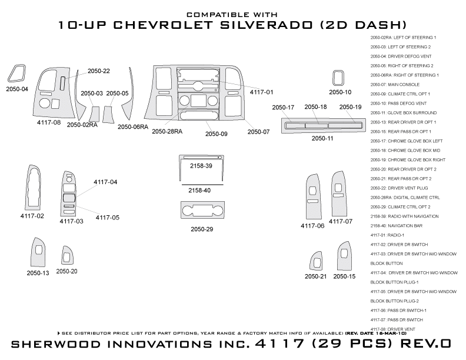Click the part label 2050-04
click(x=16, y=89)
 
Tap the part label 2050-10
click(x=340, y=92)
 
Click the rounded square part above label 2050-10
click(x=339, y=78)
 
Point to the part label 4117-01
click(x=261, y=92)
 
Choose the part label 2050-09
click(x=216, y=134)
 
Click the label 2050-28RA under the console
click(x=167, y=131)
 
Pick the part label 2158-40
click(x=199, y=191)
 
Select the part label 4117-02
click(x=32, y=216)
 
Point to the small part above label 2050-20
click(x=66, y=256)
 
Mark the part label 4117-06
click(x=312, y=226)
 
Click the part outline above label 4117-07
click(x=340, y=194)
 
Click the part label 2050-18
click(x=315, y=106)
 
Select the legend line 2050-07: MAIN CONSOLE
click(x=395, y=85)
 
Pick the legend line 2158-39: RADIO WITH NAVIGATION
click(x=405, y=216)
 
